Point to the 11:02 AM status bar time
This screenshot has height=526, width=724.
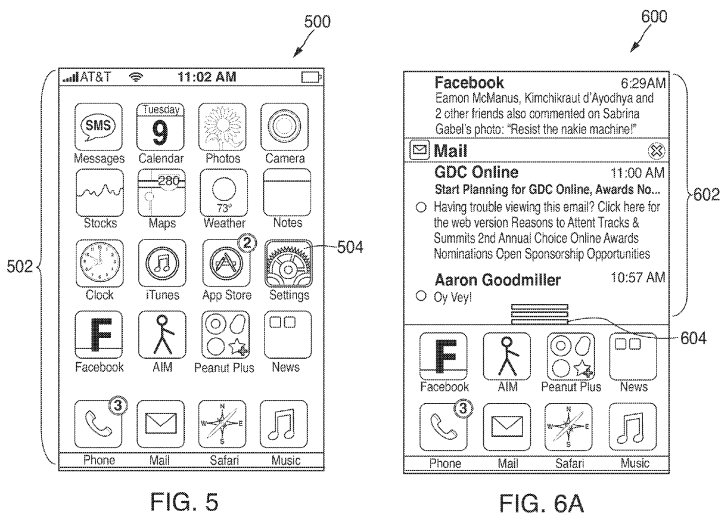pyautogui.click(x=206, y=76)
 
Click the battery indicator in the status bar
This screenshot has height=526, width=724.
pyautogui.click(x=311, y=76)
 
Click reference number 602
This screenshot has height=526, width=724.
pyautogui.click(x=708, y=196)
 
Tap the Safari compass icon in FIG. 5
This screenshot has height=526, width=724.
pyautogui.click(x=222, y=425)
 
